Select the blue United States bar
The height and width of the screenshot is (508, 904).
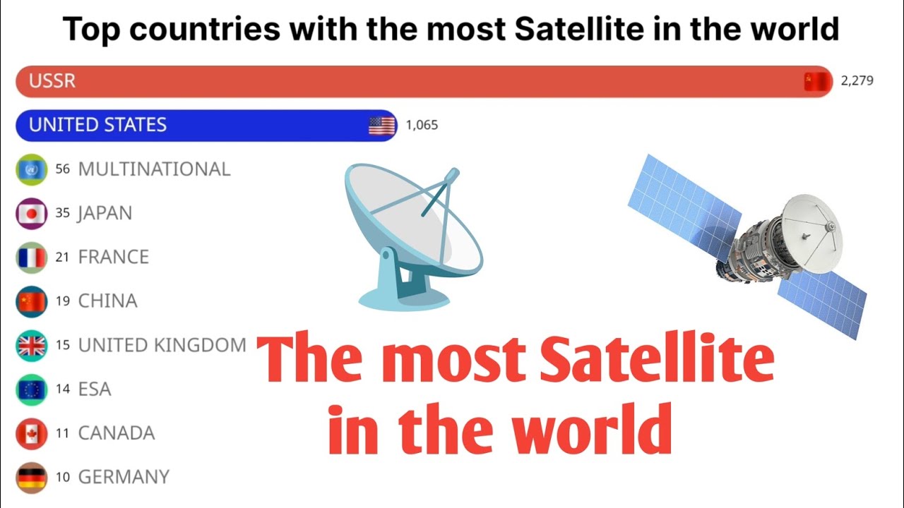[x=205, y=125]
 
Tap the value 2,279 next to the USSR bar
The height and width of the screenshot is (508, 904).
[x=857, y=80]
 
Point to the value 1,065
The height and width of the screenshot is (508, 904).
[x=422, y=125]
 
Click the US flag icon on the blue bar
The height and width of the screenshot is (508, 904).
[x=382, y=126]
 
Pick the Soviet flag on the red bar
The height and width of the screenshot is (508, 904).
[x=818, y=82]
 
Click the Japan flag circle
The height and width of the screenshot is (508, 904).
[x=31, y=213]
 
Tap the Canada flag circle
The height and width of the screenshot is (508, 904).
[x=31, y=433]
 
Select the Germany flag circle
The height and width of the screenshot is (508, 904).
[x=31, y=478]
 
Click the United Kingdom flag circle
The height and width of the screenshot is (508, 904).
[x=31, y=345]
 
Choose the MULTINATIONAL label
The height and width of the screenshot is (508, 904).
[x=154, y=169]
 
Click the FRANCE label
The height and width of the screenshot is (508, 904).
[x=113, y=257]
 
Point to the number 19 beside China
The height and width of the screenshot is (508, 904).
[x=62, y=301]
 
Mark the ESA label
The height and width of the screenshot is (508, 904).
[x=95, y=389]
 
